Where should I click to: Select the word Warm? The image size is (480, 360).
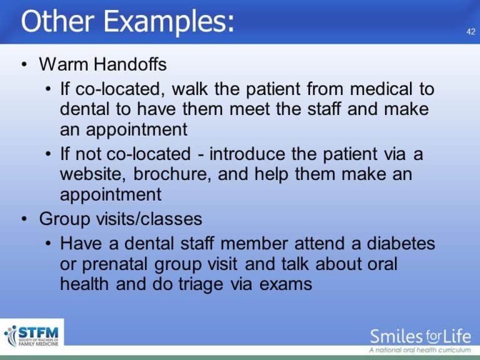pos(60,64)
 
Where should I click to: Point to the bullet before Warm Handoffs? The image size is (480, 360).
pos(23,65)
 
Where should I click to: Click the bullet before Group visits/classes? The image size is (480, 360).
pos(23,219)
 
